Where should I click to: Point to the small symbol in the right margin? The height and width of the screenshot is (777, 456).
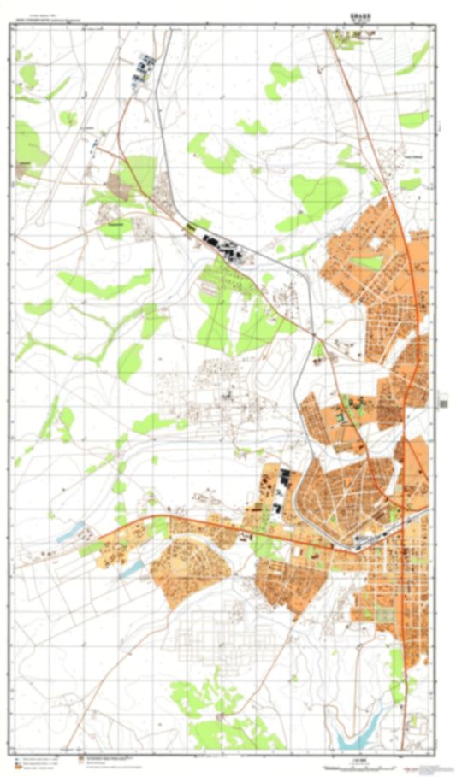point(441,397)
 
